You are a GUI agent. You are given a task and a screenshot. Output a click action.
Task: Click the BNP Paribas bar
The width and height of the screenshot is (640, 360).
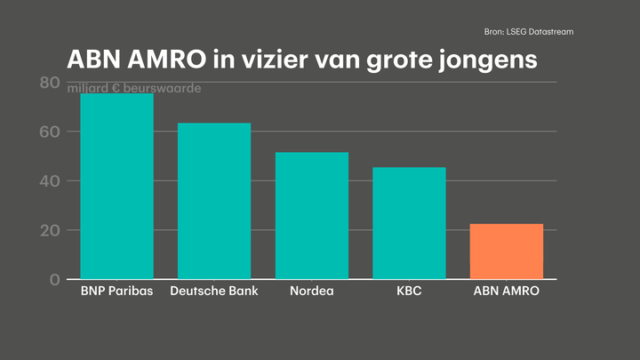click(x=116, y=187)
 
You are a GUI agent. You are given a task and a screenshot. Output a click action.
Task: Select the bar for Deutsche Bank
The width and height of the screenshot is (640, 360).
click(x=214, y=201)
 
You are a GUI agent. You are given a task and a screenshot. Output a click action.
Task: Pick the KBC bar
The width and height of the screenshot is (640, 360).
click(x=409, y=223)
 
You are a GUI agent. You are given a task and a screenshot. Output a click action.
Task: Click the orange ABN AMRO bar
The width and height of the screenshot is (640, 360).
click(x=506, y=252)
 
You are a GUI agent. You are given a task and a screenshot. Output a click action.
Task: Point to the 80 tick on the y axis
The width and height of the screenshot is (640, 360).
click(x=50, y=84)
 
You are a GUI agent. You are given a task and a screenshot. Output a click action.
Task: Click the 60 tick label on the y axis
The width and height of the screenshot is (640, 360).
click(x=50, y=132)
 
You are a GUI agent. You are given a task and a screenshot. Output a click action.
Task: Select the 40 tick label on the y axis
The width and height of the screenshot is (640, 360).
click(x=50, y=181)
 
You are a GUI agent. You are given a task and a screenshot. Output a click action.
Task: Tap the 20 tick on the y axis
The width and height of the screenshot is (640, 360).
click(x=50, y=230)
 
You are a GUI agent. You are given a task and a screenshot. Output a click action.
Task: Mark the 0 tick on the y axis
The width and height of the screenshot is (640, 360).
click(x=54, y=279)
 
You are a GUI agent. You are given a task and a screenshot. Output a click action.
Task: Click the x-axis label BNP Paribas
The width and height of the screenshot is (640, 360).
click(x=116, y=292)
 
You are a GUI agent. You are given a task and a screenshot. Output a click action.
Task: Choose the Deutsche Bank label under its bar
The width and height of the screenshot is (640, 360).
click(x=214, y=292)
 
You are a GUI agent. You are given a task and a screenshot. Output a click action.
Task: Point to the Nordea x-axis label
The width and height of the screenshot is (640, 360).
click(x=311, y=292)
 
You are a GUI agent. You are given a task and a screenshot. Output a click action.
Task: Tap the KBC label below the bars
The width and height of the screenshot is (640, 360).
click(x=409, y=292)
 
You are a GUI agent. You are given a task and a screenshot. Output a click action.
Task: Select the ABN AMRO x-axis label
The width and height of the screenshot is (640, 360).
click(x=506, y=292)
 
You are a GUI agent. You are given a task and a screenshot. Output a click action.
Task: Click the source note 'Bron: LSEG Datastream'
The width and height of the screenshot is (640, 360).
click(x=529, y=32)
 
